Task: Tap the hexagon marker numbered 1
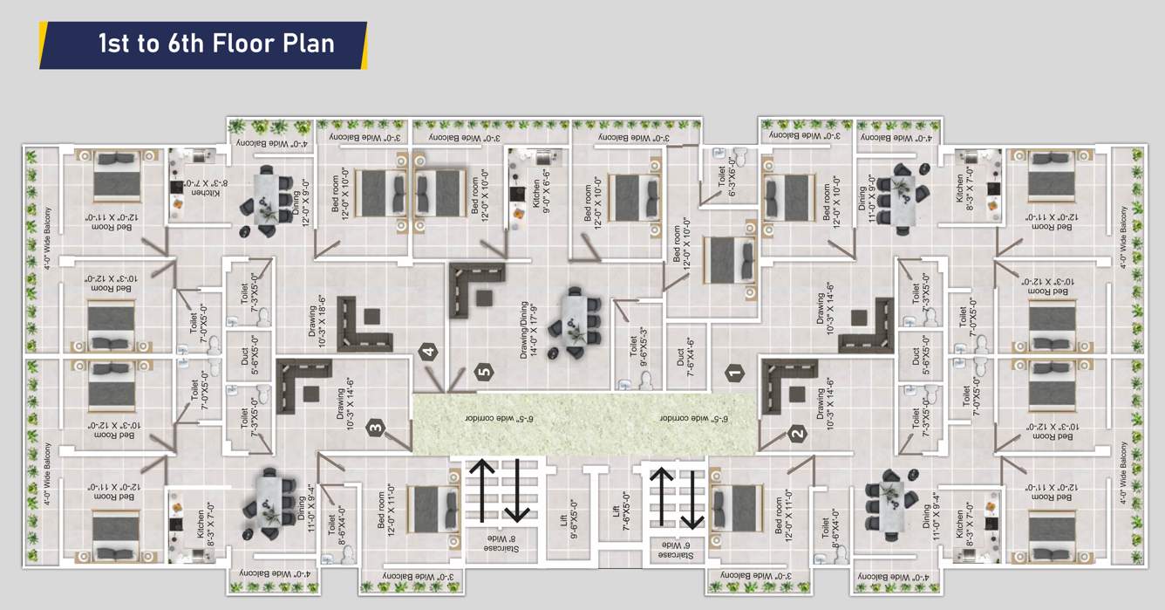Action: (x=734, y=374)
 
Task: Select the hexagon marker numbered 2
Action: (x=796, y=432)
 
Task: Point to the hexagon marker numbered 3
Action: (x=375, y=428)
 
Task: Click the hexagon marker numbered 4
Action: (x=427, y=353)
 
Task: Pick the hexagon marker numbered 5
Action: (x=486, y=373)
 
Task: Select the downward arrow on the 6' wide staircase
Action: (x=692, y=499)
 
